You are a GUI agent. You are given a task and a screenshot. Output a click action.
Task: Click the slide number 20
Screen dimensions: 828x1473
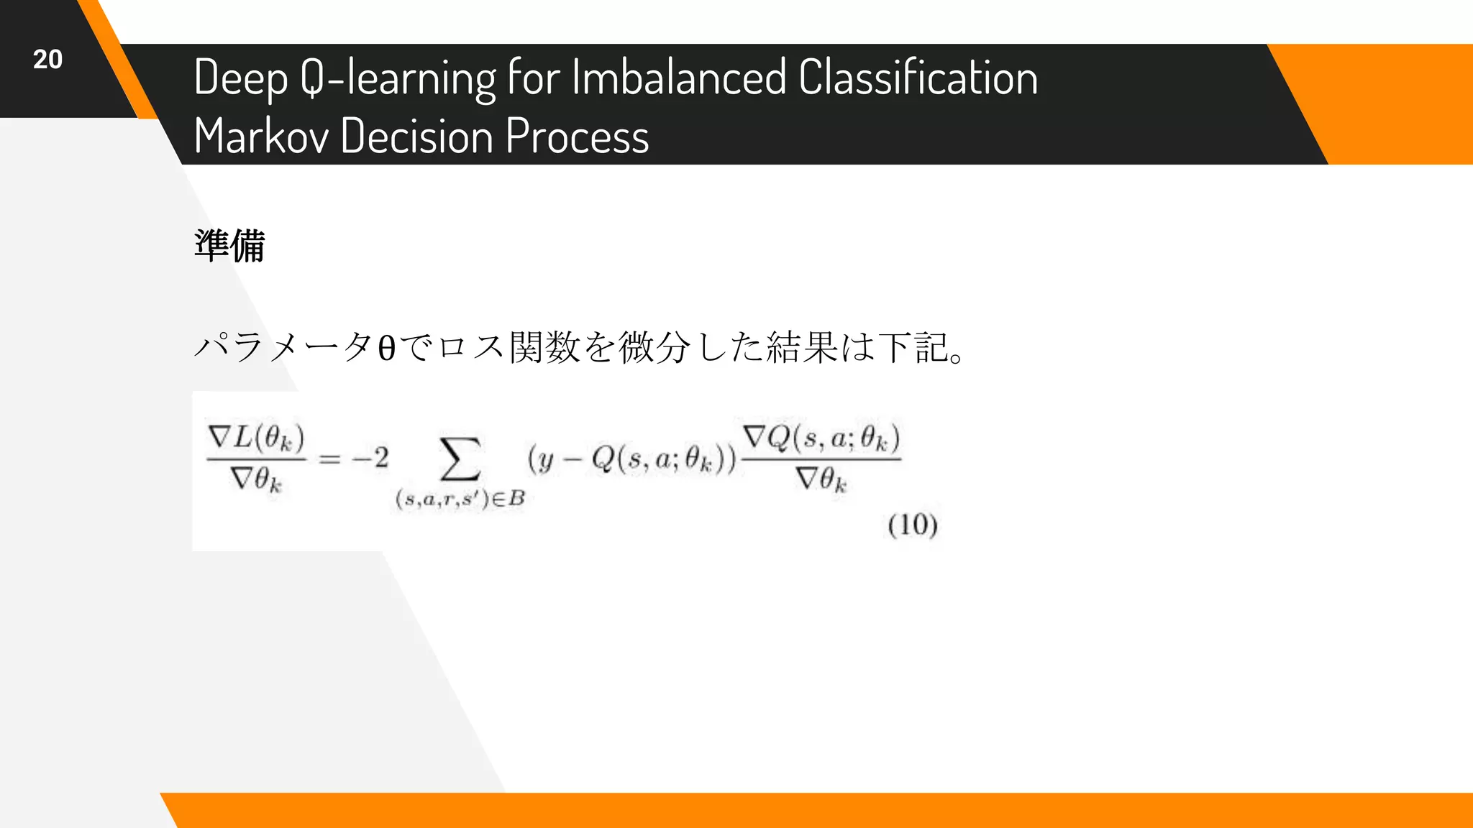[x=47, y=60]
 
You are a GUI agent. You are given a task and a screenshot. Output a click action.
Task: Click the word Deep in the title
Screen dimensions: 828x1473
[x=240, y=78]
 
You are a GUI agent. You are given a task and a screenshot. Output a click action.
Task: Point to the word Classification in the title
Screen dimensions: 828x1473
[x=918, y=78]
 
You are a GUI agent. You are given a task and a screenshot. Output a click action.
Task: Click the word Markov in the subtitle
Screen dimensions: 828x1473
[x=261, y=136]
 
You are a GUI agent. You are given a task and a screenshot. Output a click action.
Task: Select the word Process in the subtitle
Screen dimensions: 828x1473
[x=577, y=136]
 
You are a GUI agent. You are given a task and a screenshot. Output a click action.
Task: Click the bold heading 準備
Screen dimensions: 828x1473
[x=229, y=246]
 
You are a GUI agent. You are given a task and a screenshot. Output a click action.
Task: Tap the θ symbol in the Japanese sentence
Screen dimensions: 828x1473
[x=386, y=349]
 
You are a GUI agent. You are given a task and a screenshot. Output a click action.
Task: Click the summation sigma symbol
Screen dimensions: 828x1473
[x=460, y=459]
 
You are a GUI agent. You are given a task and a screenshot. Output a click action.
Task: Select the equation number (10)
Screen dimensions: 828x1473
[x=912, y=525]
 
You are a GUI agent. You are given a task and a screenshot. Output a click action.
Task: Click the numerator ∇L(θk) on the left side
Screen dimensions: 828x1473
[x=256, y=437]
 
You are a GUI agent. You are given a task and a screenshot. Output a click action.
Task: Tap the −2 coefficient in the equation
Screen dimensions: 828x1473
[x=370, y=458]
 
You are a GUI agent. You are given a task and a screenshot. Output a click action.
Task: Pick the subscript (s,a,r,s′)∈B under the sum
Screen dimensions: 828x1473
[x=460, y=499]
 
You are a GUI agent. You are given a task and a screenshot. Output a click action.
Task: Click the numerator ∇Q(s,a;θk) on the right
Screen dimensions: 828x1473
[x=821, y=437]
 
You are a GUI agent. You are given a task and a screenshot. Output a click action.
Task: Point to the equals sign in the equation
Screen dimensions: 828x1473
[x=329, y=459]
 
